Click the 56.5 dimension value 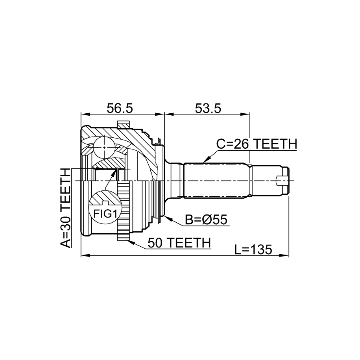click(x=120, y=108)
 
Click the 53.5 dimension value click(x=208, y=108)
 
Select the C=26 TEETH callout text click(x=257, y=144)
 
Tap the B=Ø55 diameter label click(x=206, y=220)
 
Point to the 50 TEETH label click(x=179, y=243)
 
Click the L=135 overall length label click(x=253, y=249)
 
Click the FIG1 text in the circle click(x=105, y=214)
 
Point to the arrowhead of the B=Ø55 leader click(x=168, y=218)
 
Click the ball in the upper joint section click(x=104, y=148)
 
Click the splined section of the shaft click(x=216, y=180)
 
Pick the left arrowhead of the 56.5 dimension click(x=85, y=114)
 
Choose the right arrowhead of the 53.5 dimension click(x=245, y=114)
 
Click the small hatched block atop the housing click(x=123, y=125)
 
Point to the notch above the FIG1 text click(x=105, y=203)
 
